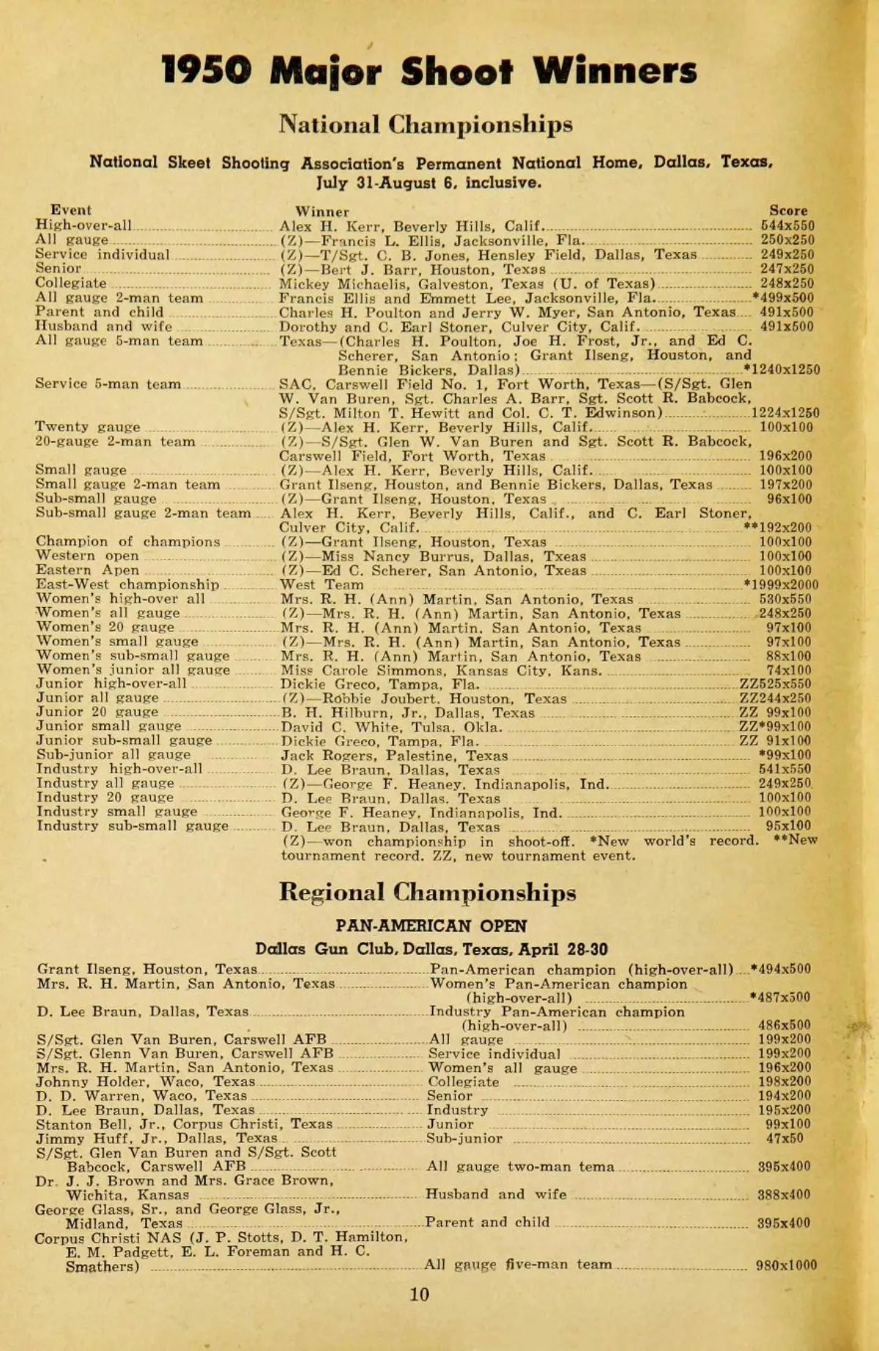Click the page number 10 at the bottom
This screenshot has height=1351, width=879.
point(419,1294)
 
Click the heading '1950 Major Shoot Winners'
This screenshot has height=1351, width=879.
point(429,72)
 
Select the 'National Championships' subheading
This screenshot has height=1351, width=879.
point(425,124)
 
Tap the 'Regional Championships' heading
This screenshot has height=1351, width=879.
point(427,893)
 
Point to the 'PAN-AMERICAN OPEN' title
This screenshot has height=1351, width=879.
point(431,926)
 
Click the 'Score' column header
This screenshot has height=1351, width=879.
point(787,211)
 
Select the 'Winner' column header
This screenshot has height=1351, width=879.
point(322,212)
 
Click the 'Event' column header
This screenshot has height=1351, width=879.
point(71,210)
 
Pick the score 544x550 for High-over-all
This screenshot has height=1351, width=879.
point(787,226)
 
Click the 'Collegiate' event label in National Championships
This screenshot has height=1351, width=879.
point(71,283)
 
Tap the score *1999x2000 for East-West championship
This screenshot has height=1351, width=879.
point(780,584)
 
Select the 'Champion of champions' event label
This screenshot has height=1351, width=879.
point(128,542)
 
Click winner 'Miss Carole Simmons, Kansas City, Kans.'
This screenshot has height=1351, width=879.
point(441,670)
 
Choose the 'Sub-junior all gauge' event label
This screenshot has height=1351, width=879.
point(114,754)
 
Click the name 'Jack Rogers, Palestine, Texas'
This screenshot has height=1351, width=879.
point(394,755)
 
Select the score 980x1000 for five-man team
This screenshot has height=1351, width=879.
point(786,1265)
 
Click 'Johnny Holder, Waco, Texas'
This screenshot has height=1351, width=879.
point(146,1082)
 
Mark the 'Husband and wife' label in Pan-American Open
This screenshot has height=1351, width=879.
point(496,1194)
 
